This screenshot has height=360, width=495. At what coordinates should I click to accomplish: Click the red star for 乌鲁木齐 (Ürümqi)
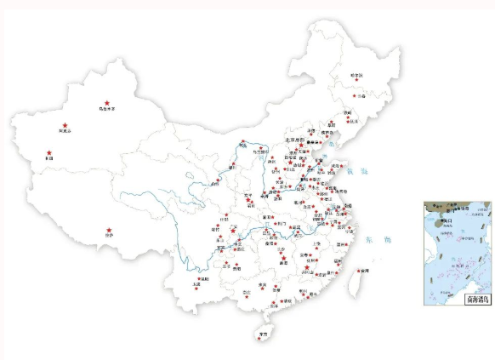pyautogui.click(x=106, y=100)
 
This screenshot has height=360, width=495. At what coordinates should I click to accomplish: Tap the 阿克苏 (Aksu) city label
pyautogui.click(x=65, y=132)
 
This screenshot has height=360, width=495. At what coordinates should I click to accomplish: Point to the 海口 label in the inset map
pyautogui.click(x=444, y=220)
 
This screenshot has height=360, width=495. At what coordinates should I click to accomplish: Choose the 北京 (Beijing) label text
pyautogui.click(x=293, y=140)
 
